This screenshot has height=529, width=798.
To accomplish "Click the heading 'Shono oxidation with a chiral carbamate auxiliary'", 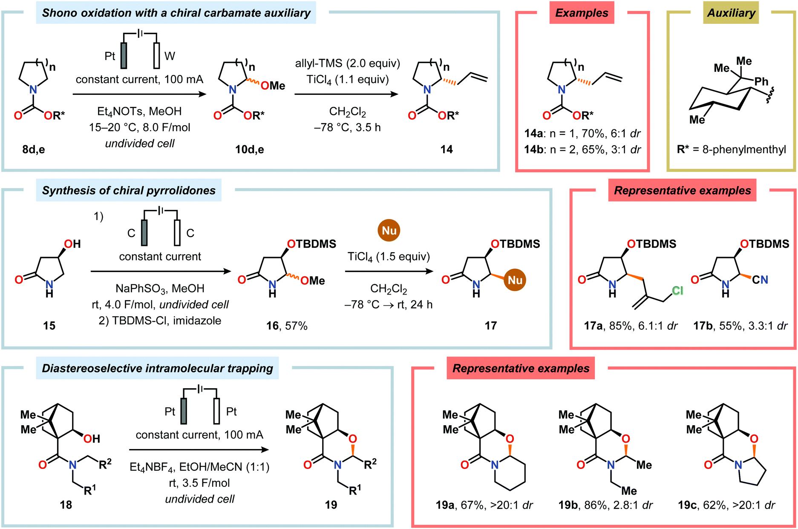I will [176, 13].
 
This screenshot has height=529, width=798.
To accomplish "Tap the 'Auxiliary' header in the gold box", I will [731, 13].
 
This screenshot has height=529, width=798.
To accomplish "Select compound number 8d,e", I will [34, 149].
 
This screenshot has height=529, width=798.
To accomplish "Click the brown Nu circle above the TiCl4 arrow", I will [389, 230].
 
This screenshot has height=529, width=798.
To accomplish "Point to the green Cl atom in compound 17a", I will [677, 290].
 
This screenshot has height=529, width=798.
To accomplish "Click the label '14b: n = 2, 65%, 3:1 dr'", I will [582, 149].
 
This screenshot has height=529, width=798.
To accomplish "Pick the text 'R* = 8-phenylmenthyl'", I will [731, 149].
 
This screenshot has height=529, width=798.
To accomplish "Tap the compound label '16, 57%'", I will [287, 326].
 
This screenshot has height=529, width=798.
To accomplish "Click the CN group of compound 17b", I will [760, 280].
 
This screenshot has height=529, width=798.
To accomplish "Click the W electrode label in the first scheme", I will [170, 56].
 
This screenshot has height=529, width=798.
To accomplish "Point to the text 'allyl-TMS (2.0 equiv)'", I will [347, 63].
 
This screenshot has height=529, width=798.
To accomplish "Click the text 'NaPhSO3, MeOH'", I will [160, 289].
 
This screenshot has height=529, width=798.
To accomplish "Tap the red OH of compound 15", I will [72, 244].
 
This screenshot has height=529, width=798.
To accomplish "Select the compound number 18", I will [66, 505].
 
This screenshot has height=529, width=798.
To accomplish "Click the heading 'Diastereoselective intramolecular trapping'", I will [157, 368].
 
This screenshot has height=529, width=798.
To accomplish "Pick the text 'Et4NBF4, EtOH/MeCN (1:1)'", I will [199, 467].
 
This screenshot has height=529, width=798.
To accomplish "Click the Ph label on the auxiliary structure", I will [761, 81].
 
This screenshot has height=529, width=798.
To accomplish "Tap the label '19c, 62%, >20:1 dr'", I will [726, 505].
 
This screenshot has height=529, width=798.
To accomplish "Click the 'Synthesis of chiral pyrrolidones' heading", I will [129, 190].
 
